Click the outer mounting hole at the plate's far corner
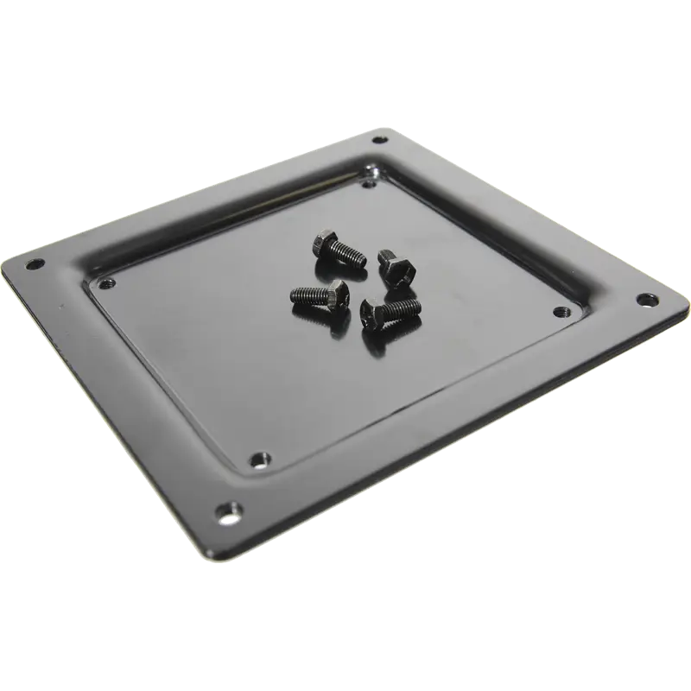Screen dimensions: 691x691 (x=377, y=139)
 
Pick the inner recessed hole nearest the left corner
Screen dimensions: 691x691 (x=106, y=282)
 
